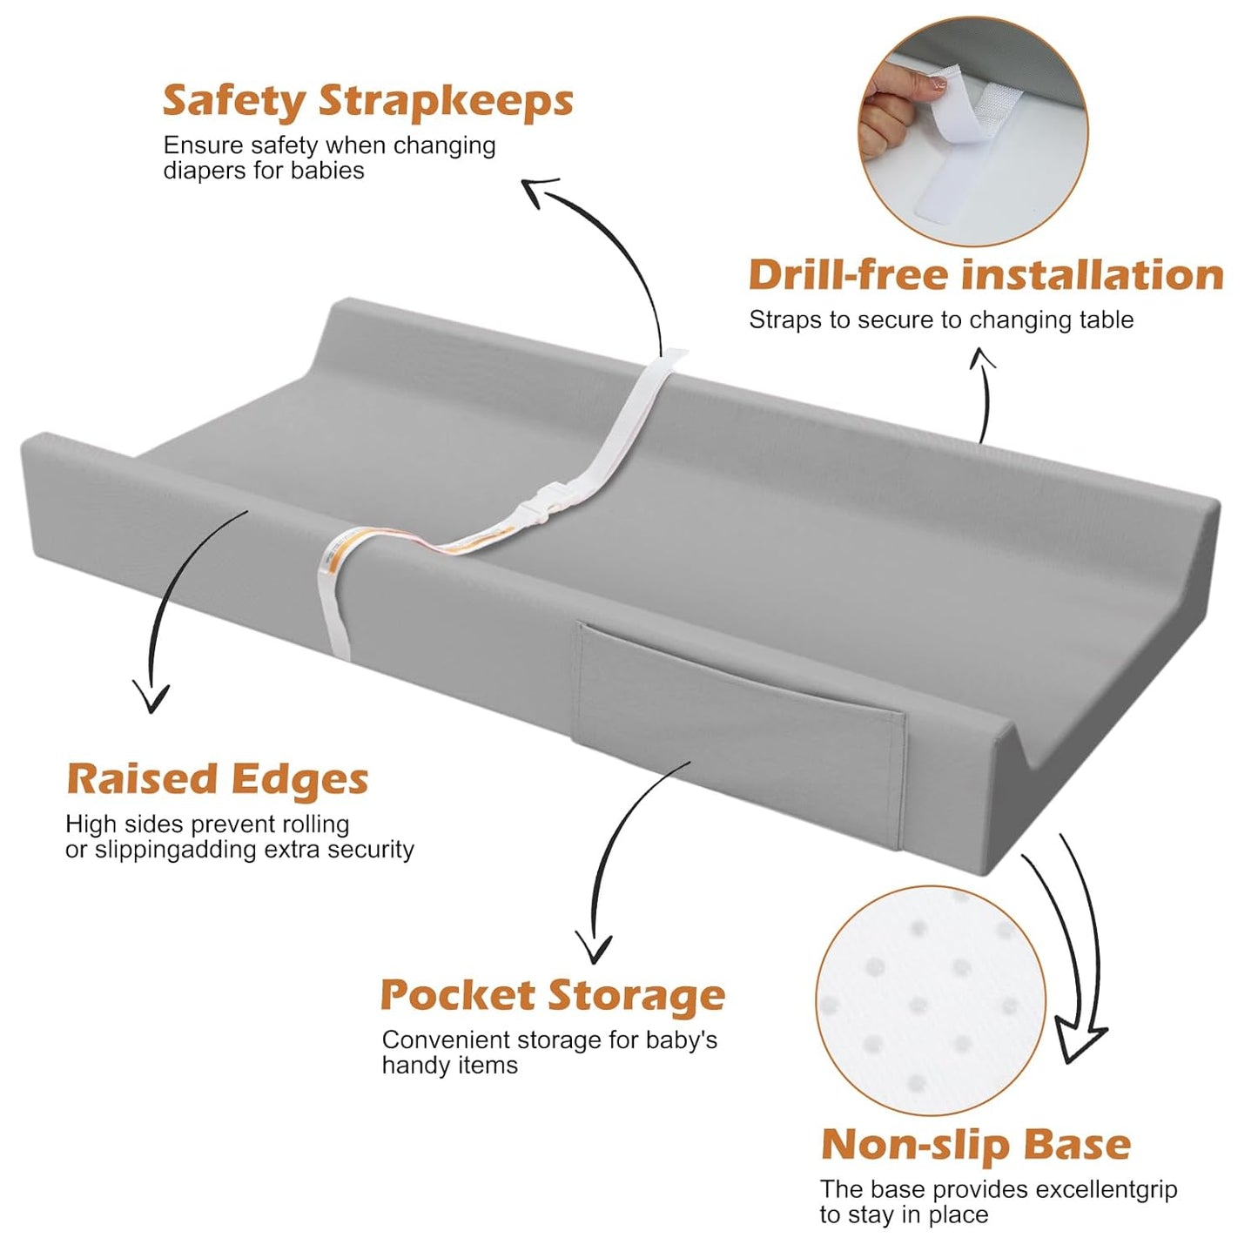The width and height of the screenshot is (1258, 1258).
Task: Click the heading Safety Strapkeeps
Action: (367, 101)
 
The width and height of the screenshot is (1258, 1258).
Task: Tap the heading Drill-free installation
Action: (986, 275)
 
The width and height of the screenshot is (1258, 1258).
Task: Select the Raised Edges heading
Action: (218, 779)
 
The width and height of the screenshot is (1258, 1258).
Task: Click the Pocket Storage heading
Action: (553, 995)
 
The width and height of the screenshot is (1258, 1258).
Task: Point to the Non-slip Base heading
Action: (976, 1145)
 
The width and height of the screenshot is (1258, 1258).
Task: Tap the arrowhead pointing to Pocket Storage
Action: (594, 947)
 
